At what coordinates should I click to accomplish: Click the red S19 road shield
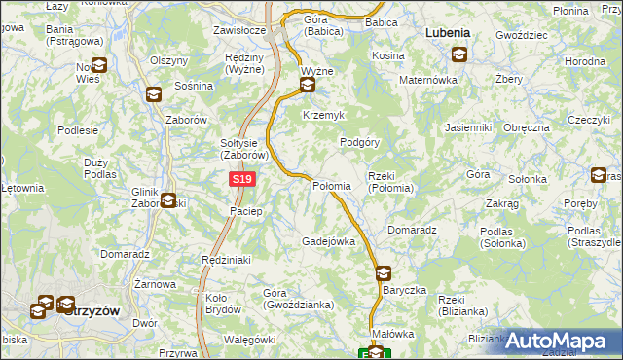coord(244,180)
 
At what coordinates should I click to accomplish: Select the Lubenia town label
coord(448,32)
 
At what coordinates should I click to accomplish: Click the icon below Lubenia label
coord(458,54)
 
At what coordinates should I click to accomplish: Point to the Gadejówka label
coord(327,241)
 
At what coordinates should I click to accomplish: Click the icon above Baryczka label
coord(383,273)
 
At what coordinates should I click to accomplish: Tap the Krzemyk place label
coord(324,115)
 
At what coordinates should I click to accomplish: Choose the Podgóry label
coord(358,141)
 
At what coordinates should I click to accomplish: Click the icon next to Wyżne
coord(308,86)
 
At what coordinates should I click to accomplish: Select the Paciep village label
coord(246,211)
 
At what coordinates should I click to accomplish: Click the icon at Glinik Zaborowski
coord(168,201)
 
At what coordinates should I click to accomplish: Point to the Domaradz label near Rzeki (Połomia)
coord(411,230)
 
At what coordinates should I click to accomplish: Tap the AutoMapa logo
coord(562,342)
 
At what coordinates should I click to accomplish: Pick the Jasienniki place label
coord(467,127)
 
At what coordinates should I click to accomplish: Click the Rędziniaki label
coord(227,260)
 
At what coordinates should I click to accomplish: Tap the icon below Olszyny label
coord(154,94)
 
